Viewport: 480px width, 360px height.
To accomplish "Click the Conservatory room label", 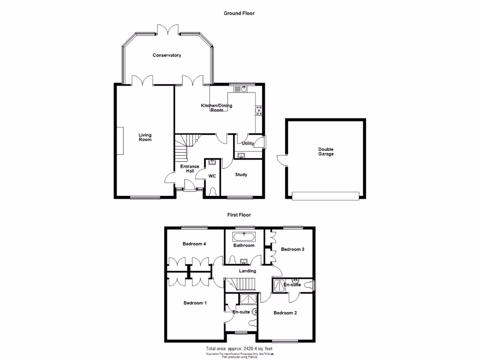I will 167,55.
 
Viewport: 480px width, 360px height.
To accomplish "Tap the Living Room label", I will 145,137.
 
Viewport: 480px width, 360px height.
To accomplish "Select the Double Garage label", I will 326,152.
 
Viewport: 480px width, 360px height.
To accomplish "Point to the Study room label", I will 241,175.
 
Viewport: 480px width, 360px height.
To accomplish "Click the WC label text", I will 212,176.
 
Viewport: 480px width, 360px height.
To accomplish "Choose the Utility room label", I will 248,143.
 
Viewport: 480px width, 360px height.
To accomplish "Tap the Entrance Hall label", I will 190,169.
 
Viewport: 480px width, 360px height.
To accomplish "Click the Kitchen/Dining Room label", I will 217,108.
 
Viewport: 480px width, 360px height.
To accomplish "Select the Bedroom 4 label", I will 194,244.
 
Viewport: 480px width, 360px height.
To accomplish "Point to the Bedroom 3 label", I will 292,249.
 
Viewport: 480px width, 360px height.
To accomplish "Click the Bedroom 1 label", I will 195,303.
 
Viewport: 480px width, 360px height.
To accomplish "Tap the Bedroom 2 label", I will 285,313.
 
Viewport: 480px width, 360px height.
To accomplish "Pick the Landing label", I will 247,271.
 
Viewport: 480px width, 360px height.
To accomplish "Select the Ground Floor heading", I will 239,14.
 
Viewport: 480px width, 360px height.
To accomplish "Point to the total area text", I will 239,349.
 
